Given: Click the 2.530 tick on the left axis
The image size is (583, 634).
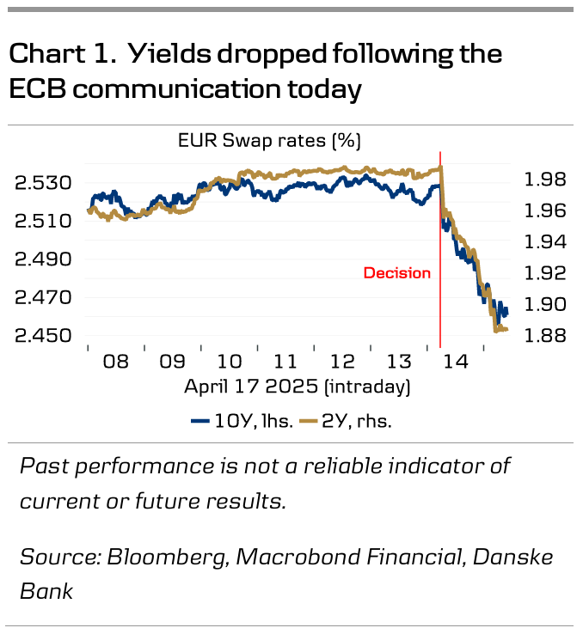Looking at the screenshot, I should pyautogui.click(x=42, y=183).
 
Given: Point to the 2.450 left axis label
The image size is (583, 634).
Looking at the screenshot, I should pyautogui.click(x=42, y=336).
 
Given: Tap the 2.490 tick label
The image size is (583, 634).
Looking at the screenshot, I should pyautogui.click(x=42, y=259).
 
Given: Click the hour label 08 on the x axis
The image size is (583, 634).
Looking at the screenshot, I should pyautogui.click(x=115, y=362).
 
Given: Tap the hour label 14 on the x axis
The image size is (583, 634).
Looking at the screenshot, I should pyautogui.click(x=455, y=362).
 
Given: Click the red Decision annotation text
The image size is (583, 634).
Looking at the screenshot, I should pyautogui.click(x=396, y=273).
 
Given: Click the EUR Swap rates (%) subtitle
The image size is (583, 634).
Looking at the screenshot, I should pyautogui.click(x=269, y=140).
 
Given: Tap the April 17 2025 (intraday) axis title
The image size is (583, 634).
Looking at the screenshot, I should pyautogui.click(x=297, y=387).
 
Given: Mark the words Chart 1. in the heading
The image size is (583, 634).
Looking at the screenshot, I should pyautogui.click(x=63, y=54).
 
